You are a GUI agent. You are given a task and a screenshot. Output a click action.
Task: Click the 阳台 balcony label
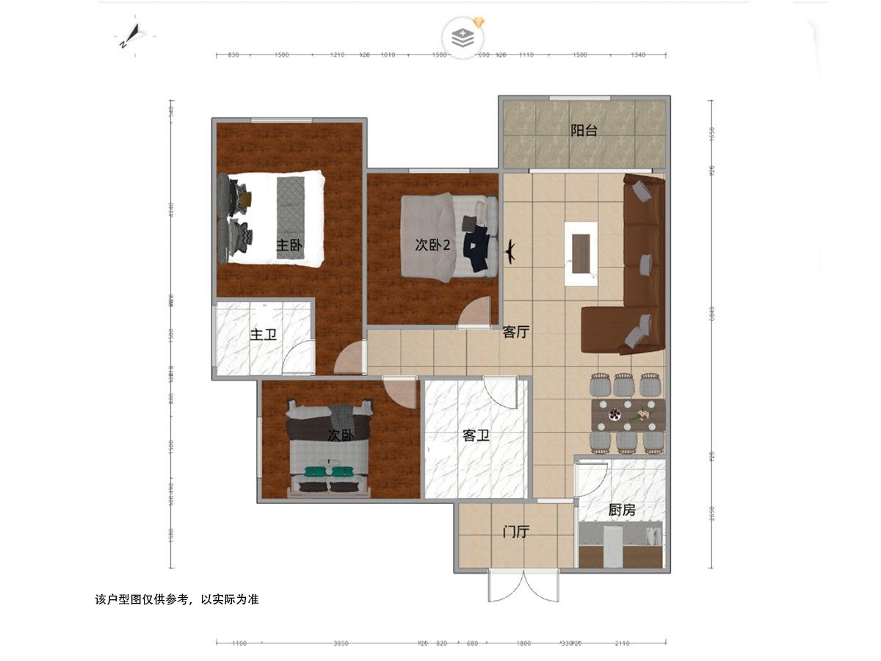pos(584,131)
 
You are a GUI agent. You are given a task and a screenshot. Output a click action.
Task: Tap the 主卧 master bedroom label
pos(290,245)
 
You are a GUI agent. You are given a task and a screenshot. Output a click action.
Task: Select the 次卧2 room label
pos(432,245)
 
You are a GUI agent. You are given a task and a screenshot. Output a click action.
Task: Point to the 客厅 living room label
pos(516,332)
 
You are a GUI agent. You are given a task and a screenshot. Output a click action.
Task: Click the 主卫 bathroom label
pos(263,335)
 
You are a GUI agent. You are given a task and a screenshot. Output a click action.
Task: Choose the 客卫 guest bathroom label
pos(476,436)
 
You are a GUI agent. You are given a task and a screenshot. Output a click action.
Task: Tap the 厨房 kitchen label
pos(622,510)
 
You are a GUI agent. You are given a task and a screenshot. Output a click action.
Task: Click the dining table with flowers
pos(628,415)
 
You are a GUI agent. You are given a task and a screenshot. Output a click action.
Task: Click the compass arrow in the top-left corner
pos(131,35)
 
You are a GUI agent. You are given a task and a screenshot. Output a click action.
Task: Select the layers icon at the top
pos(463,37)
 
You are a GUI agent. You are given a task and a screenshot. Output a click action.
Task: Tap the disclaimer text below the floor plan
pos(177,599)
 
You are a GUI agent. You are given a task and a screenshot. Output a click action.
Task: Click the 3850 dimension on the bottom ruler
pos(341,643)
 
